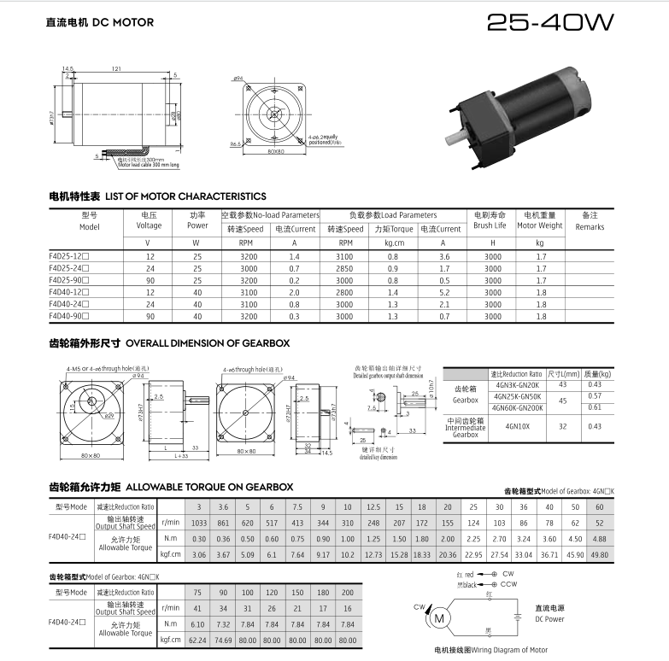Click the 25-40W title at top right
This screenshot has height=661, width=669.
(549, 23)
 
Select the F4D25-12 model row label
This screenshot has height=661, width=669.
(69, 256)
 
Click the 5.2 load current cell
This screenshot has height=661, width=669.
(444, 292)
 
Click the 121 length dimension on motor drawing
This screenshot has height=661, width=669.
(115, 68)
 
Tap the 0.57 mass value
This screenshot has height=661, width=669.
(595, 395)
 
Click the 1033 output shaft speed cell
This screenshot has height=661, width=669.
(199, 521)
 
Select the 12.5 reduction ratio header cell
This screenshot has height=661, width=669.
(373, 506)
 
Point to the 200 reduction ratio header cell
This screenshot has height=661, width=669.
(347, 592)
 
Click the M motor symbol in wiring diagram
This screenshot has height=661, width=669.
(441, 617)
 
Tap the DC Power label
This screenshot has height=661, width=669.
(549, 619)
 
